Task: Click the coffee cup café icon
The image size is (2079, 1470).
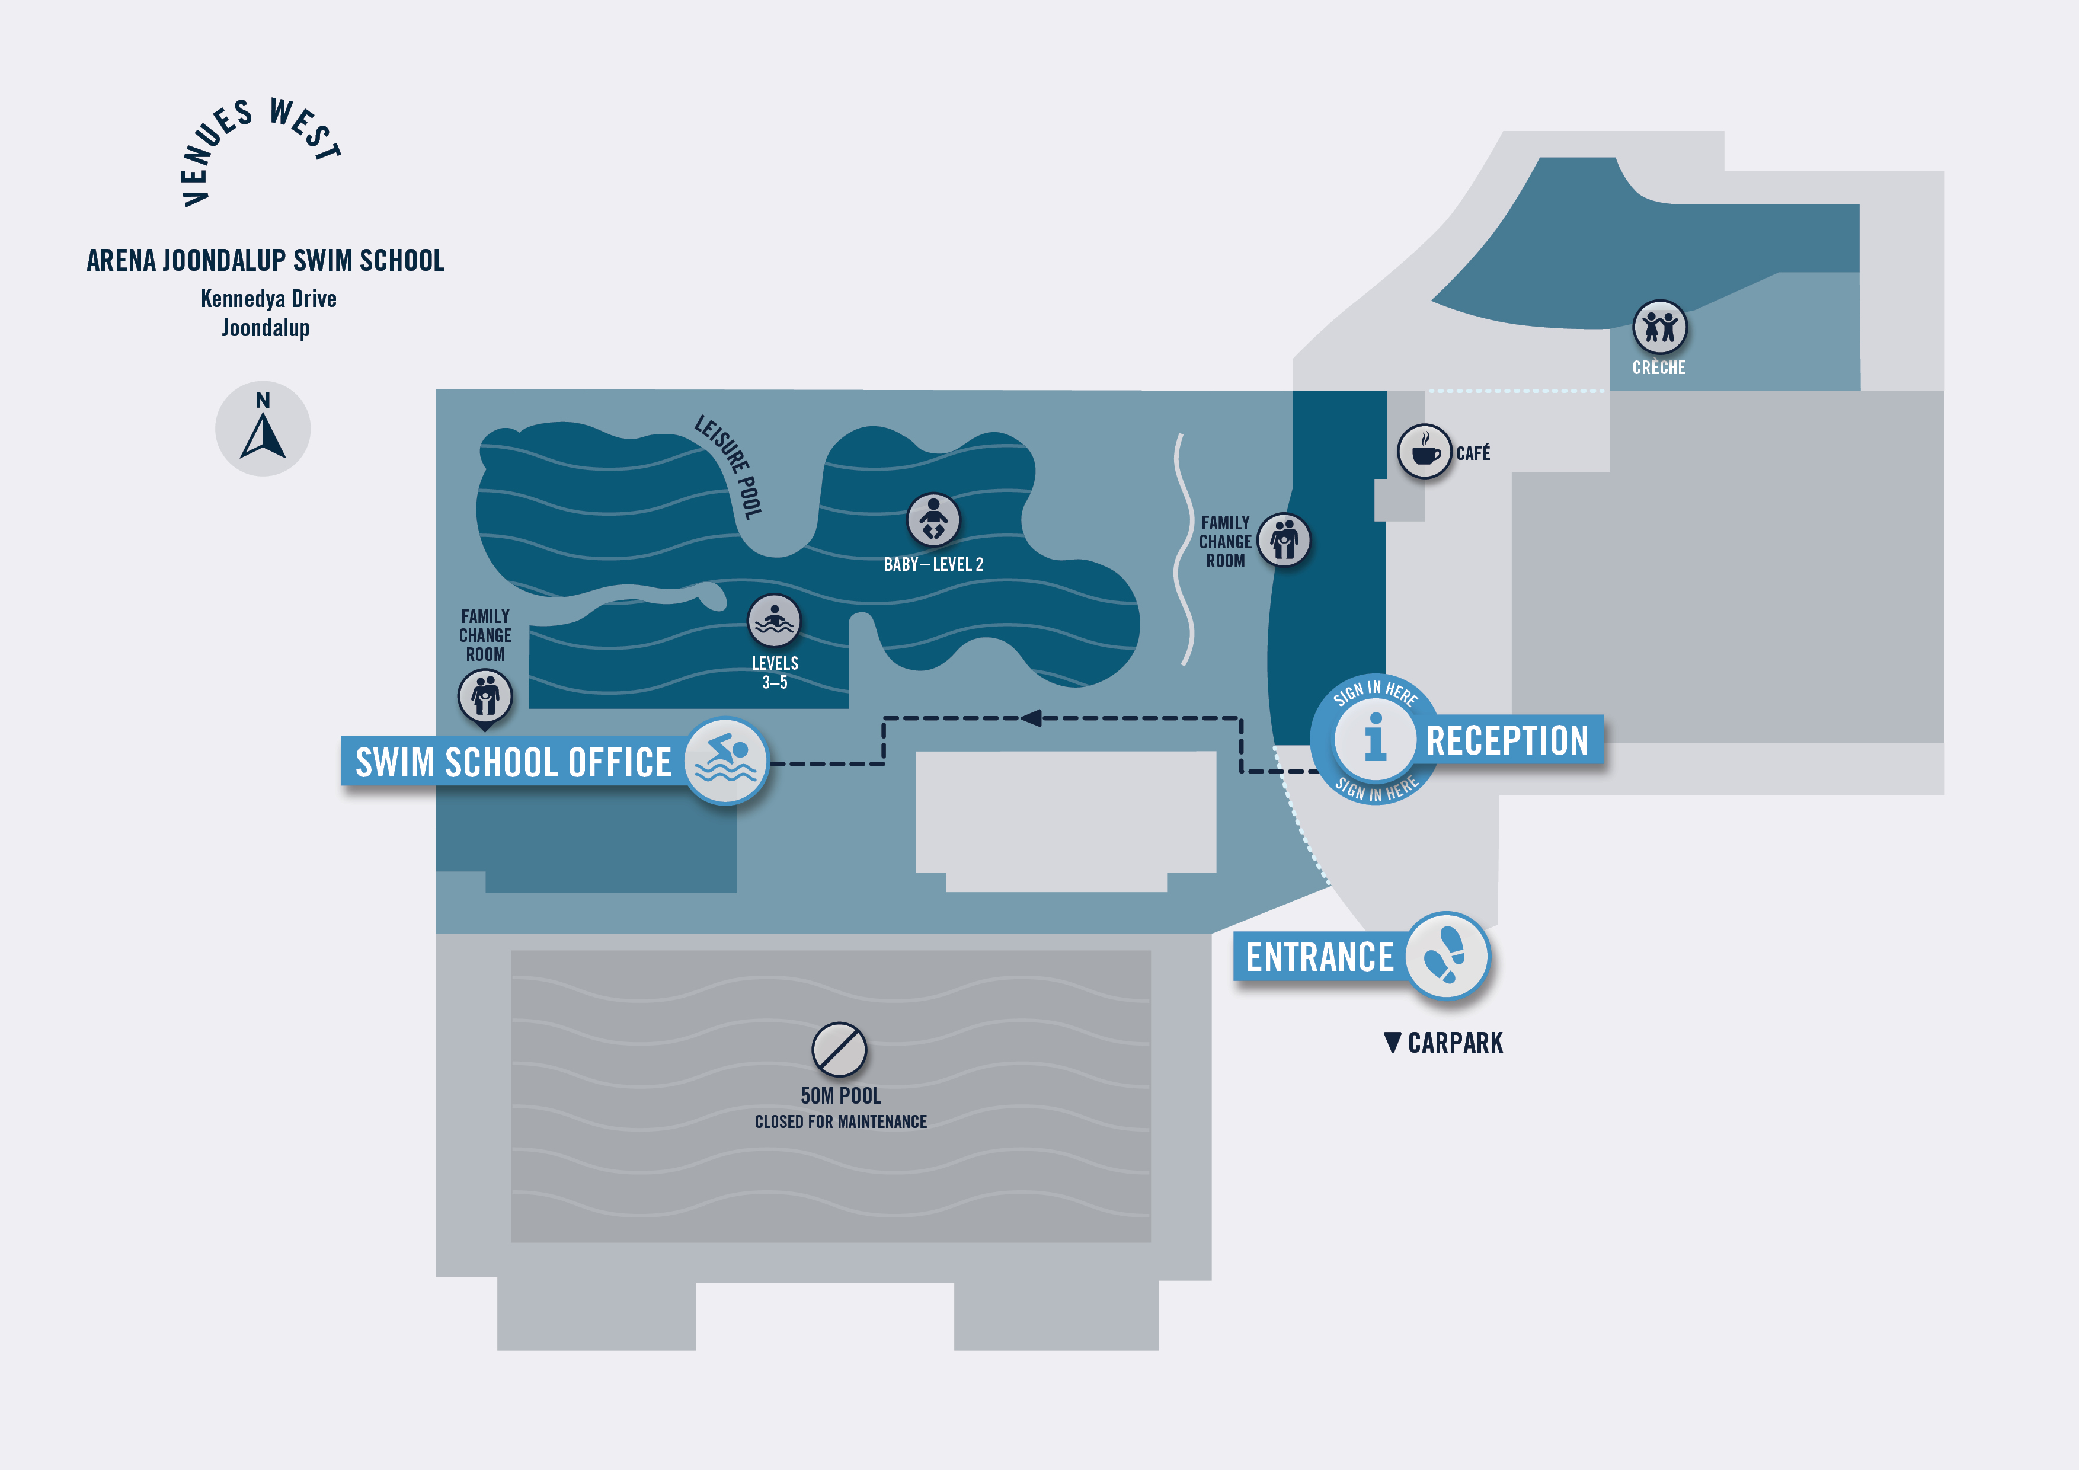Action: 1424,451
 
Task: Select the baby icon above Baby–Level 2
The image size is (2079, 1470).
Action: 933,520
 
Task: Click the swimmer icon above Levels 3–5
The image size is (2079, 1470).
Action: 773,621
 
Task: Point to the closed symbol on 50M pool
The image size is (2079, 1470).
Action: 839,1050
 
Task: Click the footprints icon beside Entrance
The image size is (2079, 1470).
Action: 1446,955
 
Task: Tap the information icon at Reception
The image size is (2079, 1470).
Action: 1374,737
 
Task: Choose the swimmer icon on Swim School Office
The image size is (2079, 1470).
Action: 725,761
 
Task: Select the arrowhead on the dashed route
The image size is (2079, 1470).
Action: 1031,718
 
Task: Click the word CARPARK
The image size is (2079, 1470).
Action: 1455,1043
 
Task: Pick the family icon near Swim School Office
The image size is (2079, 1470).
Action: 485,696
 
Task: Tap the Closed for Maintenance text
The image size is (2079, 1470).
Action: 840,1122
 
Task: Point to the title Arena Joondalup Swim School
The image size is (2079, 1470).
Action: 266,261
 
